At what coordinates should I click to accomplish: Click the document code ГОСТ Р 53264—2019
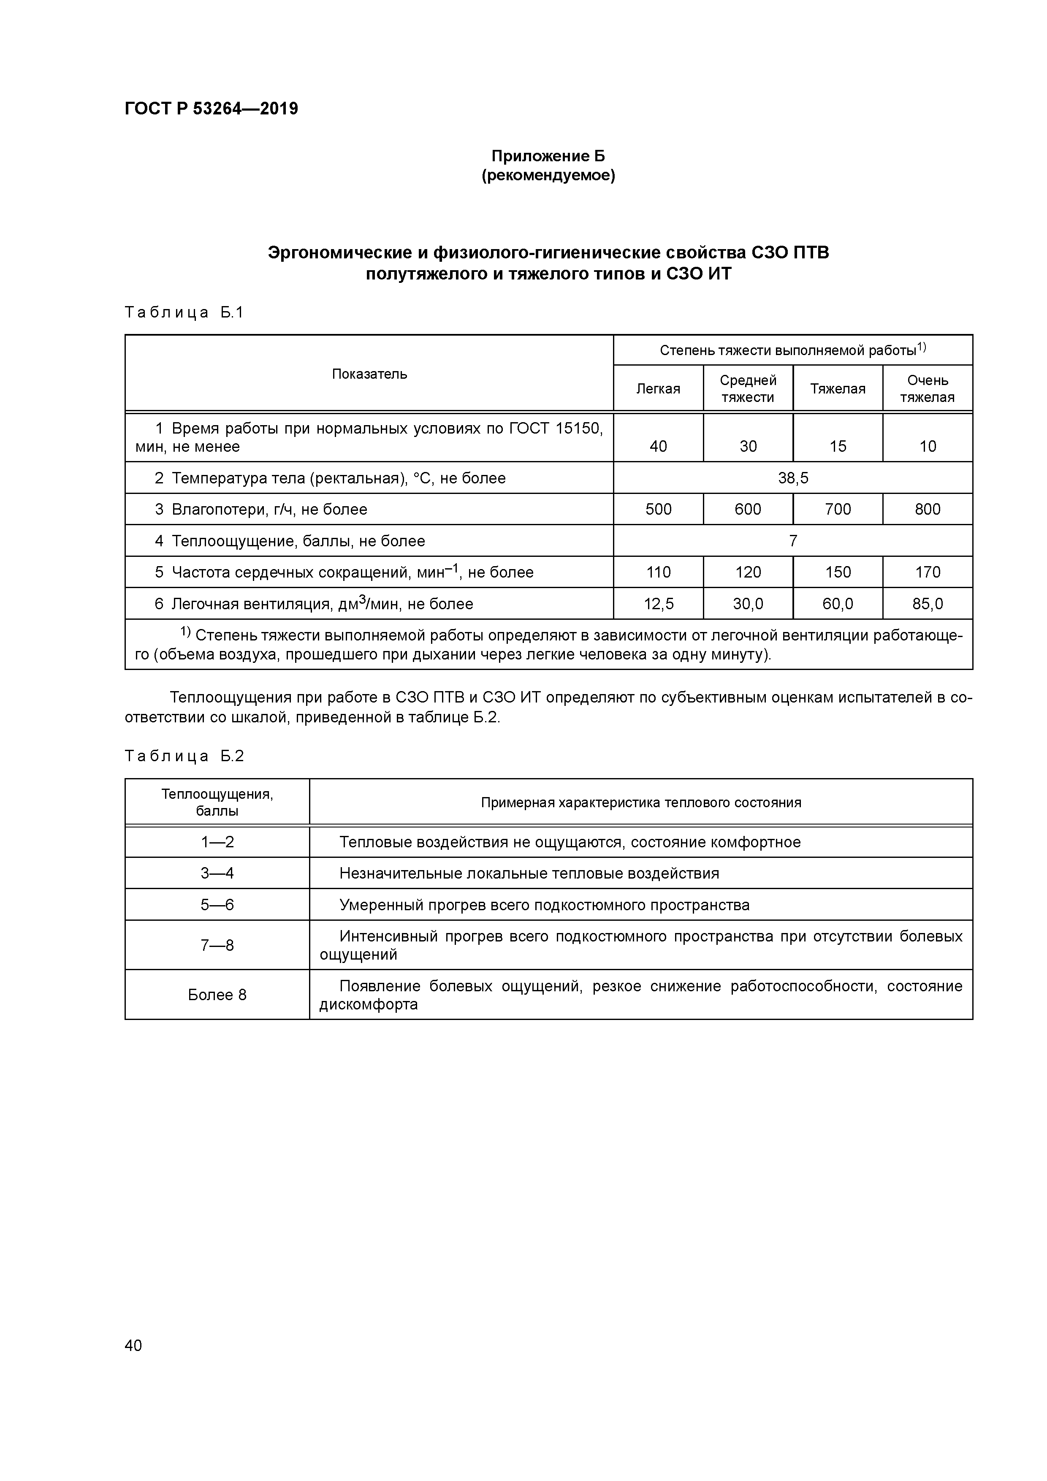point(211,109)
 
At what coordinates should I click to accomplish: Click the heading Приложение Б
point(548,156)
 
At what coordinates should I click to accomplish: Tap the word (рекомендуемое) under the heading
point(548,176)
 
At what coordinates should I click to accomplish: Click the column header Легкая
point(658,389)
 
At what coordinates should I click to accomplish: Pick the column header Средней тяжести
point(748,389)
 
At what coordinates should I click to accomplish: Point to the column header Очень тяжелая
point(927,389)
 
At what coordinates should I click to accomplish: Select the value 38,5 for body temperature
point(793,478)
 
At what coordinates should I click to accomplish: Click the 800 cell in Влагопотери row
point(927,510)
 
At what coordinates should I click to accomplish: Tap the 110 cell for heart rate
point(658,572)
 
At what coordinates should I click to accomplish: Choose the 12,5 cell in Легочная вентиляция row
point(658,604)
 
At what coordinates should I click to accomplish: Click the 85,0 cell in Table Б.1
point(927,604)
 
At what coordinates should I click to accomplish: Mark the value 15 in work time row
point(837,446)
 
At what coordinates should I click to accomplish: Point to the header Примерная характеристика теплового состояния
point(640,803)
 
